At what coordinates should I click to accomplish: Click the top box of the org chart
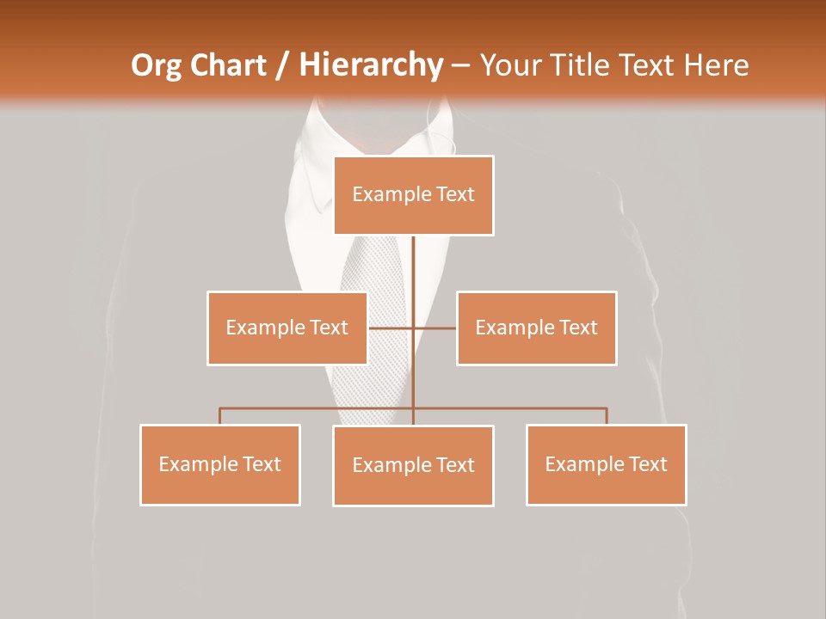(414, 195)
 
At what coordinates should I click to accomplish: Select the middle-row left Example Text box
(287, 328)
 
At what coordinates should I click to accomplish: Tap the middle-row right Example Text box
(536, 328)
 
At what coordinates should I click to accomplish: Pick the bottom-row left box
(220, 465)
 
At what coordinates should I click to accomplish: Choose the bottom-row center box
(413, 466)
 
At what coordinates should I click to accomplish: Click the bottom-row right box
(607, 465)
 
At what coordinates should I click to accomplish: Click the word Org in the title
(157, 65)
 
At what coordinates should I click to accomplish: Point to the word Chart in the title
(225, 65)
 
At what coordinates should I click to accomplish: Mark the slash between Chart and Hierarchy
(282, 65)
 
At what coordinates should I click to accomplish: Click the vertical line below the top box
(414, 267)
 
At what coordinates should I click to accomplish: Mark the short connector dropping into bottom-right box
(607, 416)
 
